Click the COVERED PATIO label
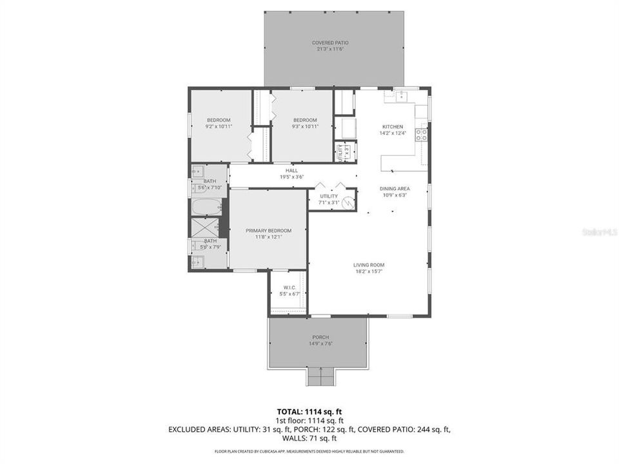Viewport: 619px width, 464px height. click(329, 43)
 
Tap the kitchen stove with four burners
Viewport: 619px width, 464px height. click(421, 135)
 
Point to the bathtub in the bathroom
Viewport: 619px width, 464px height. click(206, 208)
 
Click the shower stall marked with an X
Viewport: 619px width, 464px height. click(205, 228)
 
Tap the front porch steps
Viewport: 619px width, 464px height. click(320, 376)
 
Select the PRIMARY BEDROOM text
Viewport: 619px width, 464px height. click(268, 231)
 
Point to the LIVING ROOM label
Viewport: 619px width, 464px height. click(368, 265)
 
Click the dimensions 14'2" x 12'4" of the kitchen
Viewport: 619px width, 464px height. click(392, 133)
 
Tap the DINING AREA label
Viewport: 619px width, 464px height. click(394, 189)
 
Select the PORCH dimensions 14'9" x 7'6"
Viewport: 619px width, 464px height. click(320, 343)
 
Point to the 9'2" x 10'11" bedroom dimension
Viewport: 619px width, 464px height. click(219, 126)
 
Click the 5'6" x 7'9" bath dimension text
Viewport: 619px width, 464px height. click(211, 247)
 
